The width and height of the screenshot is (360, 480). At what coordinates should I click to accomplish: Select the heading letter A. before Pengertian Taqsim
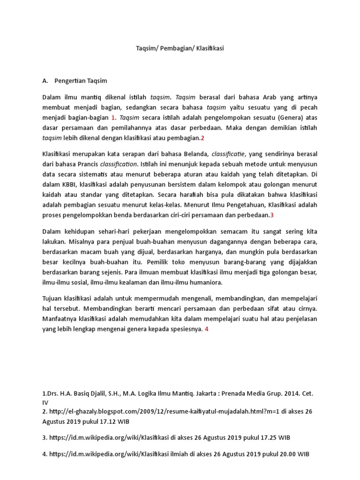[x=45, y=81]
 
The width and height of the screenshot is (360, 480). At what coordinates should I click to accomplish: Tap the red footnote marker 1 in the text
[x=113, y=117]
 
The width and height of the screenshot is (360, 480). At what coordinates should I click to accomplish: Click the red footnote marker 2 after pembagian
[x=203, y=138]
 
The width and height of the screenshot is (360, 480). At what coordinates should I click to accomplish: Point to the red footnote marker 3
[x=271, y=215]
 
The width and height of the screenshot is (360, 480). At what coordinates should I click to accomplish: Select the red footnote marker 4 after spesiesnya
[x=207, y=329]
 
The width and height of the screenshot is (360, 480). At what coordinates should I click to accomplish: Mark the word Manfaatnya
[x=60, y=319]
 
